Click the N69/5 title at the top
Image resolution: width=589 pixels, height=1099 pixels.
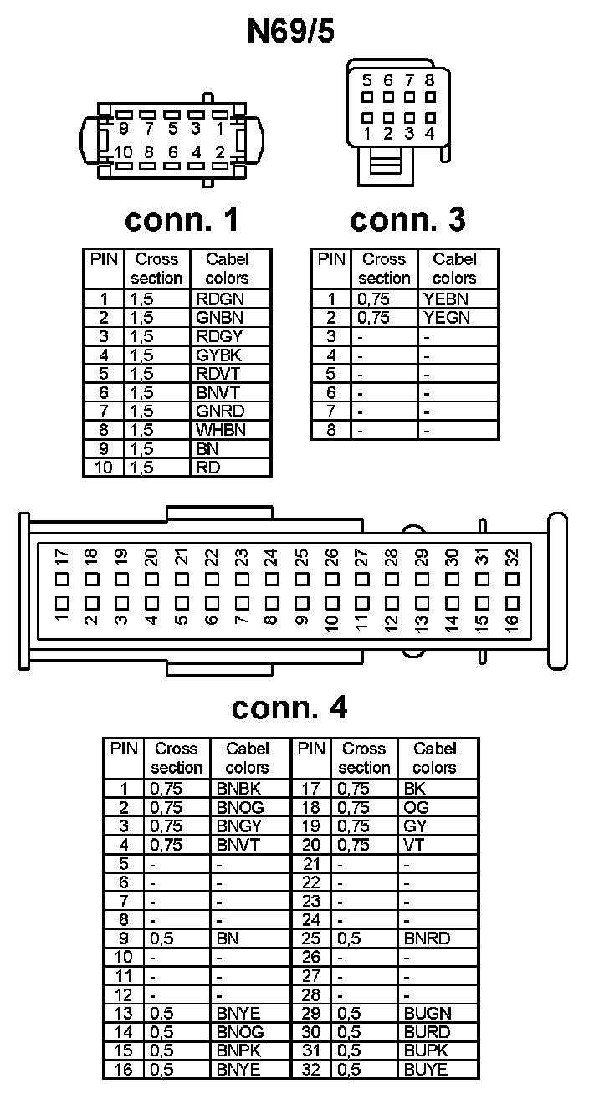pos(290,32)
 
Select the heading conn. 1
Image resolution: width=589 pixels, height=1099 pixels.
pos(182,219)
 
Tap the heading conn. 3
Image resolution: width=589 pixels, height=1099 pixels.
pos(407,219)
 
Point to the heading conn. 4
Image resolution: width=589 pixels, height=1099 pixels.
pos(289,708)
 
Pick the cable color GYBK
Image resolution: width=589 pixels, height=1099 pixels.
pos(220,355)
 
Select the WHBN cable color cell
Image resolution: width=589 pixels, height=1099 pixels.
pos(221,430)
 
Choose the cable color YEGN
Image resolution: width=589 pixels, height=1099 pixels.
pos(447,318)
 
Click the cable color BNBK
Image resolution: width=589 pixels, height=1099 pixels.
pos(239,788)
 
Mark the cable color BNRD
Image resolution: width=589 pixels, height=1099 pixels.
pos(427,938)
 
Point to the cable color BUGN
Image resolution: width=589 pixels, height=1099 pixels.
pos(427,1014)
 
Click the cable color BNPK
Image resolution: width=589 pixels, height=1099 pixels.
pos(239,1050)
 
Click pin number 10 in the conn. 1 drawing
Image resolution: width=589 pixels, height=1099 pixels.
pos(124,152)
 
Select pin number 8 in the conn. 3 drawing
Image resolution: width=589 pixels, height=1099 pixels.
pos(429,81)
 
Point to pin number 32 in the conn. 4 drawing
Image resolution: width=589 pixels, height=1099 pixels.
pos(512,557)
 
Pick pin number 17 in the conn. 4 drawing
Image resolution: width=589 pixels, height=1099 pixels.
pos(60,557)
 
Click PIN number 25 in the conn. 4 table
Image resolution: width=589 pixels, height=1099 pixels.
pos(311,938)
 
